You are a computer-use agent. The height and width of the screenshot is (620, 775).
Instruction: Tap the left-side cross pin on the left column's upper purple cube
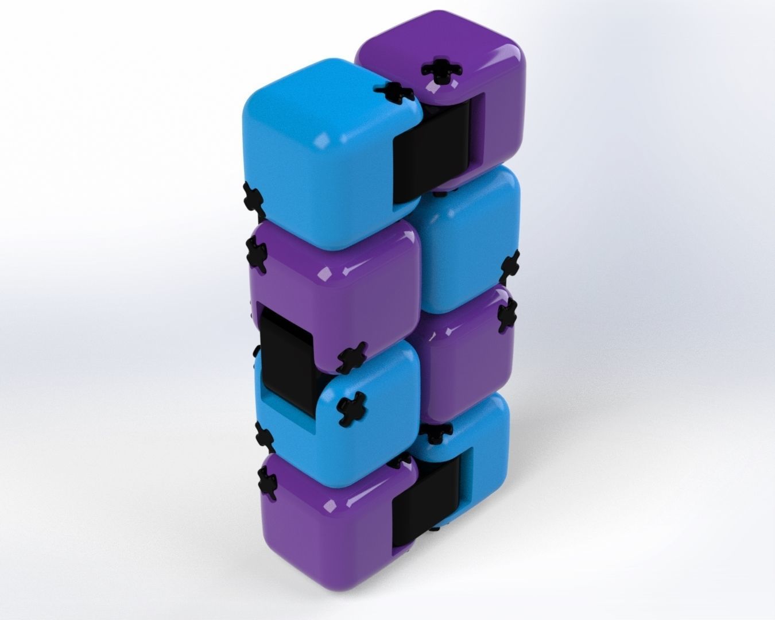tap(258, 256)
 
